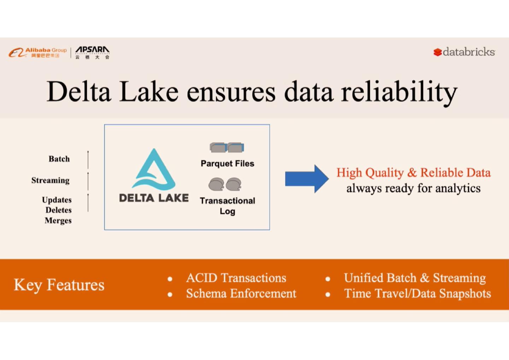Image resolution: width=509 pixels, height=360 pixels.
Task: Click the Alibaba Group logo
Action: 38,52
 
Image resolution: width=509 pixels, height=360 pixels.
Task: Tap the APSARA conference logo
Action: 92,52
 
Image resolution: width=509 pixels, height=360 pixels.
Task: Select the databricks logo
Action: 464,52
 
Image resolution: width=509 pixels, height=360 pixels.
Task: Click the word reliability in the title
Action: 399,92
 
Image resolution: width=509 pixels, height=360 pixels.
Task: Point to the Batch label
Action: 59,159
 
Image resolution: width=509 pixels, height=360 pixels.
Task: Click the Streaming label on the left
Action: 50,180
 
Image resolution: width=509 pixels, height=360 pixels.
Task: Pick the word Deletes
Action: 58,210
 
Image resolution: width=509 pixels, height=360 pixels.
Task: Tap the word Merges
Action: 58,221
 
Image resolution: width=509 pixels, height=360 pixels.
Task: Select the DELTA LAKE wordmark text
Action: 154,198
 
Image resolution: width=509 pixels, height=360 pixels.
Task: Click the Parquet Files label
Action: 227,163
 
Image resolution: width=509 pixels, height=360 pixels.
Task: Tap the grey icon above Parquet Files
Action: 227,147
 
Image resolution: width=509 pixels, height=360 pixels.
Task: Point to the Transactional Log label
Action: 227,206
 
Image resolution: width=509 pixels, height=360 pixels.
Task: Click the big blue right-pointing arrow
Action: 306,179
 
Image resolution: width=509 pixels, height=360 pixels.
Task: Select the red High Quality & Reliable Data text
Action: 413,173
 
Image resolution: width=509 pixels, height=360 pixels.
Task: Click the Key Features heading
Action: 59,285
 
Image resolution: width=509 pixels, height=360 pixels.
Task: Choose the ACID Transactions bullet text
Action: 236,278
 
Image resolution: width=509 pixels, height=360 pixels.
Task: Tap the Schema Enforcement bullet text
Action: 241,294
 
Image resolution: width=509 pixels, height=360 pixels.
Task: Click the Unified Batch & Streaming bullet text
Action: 415,278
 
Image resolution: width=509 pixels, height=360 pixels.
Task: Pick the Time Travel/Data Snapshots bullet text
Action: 417,294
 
